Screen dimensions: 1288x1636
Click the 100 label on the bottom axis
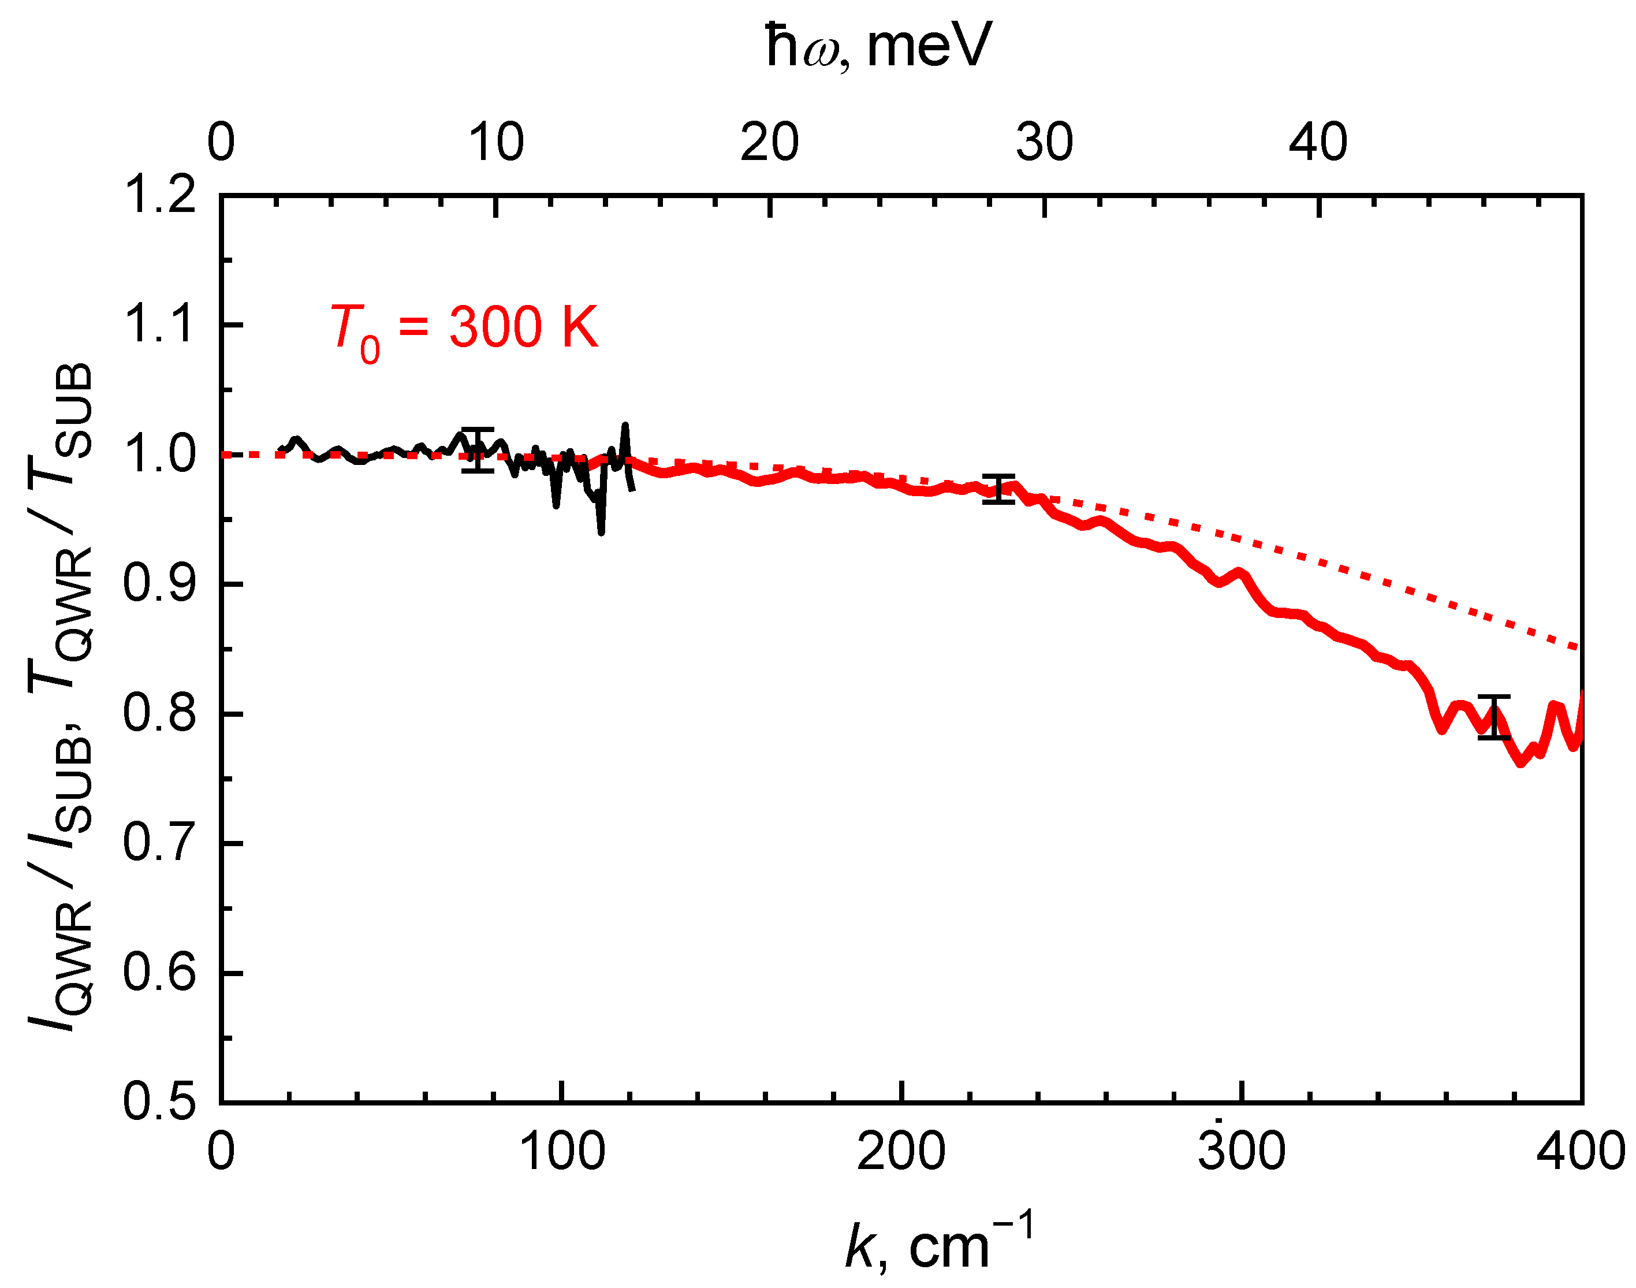[x=562, y=1153]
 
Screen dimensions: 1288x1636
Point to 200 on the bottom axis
[x=901, y=1153]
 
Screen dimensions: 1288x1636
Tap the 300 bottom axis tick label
[x=1242, y=1153]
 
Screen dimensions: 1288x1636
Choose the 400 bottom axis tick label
[x=1580, y=1153]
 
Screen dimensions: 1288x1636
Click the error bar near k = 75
[x=477, y=450]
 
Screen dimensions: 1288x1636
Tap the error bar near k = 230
[x=999, y=489]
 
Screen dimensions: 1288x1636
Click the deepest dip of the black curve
[x=601, y=531]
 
